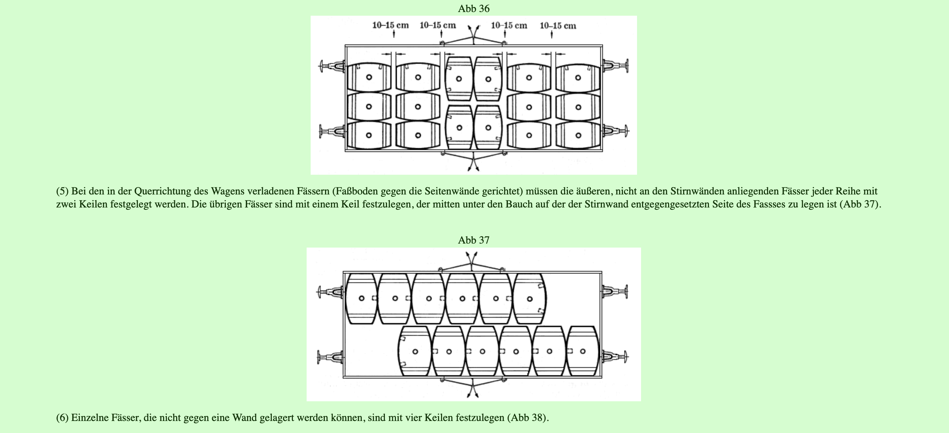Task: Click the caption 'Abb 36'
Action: coord(473,8)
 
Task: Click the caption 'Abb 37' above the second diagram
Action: coord(473,240)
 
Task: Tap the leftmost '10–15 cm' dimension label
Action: coord(390,25)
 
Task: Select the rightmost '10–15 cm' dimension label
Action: coord(558,26)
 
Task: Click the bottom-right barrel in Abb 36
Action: coord(578,135)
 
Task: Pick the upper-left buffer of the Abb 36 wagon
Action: coord(332,66)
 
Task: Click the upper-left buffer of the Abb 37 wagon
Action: coord(330,292)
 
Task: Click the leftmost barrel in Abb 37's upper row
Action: coord(362,298)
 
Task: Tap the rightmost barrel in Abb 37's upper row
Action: coord(530,298)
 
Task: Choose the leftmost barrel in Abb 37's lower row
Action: coord(415,351)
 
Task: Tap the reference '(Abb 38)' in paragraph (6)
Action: coord(528,418)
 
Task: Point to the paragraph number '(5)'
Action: coord(62,191)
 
